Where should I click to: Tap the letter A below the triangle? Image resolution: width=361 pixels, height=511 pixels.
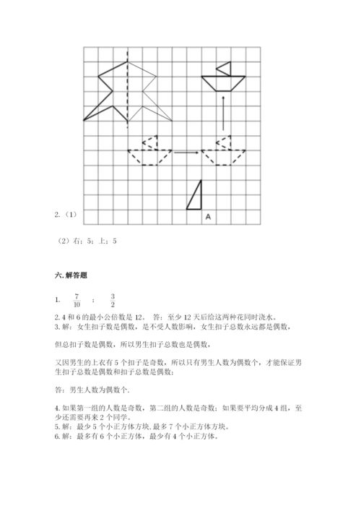click(208, 216)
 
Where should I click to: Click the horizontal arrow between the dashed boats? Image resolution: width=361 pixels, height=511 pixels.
click(187, 152)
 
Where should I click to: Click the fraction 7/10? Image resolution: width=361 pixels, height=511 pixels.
click(77, 300)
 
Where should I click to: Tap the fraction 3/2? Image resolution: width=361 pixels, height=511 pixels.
click(113, 300)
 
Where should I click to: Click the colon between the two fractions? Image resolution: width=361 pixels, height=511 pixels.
click(94, 301)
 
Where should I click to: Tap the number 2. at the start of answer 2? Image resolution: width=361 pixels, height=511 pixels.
click(58, 317)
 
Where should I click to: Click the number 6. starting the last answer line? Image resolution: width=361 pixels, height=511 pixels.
click(58, 436)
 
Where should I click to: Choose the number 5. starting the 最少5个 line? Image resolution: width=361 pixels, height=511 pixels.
click(58, 426)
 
